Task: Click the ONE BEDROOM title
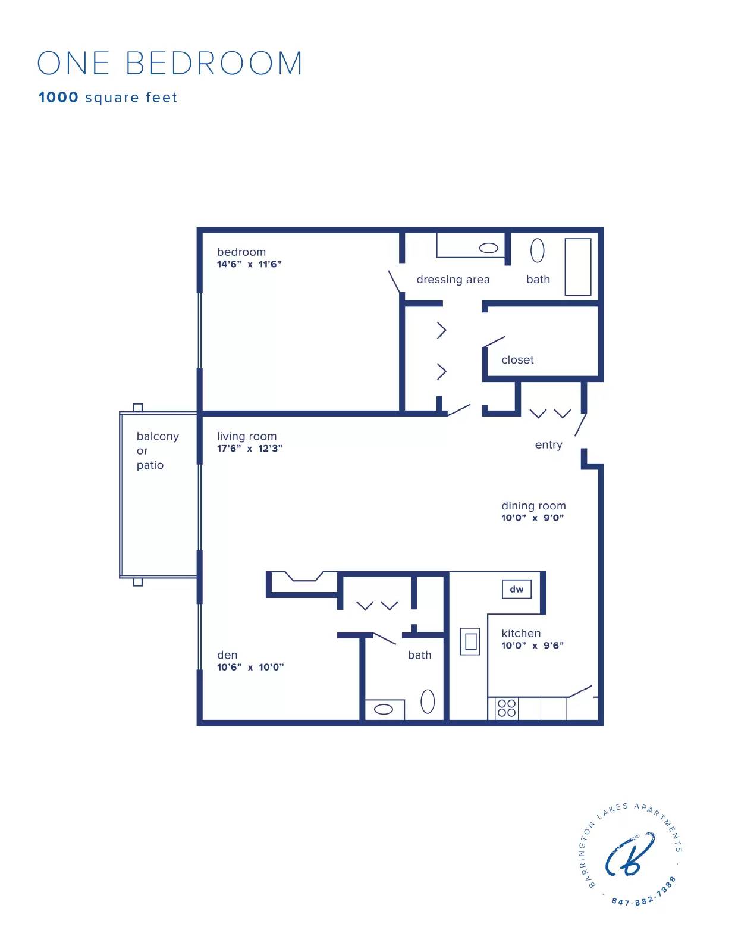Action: click(x=169, y=63)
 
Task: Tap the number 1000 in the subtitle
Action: click(x=58, y=98)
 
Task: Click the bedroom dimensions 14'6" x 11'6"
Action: click(x=249, y=264)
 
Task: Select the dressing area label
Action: click(x=453, y=280)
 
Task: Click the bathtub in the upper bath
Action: click(x=577, y=267)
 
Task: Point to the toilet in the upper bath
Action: click(x=537, y=250)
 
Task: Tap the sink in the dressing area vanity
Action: click(x=488, y=248)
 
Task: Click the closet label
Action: click(x=517, y=360)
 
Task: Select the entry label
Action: click(x=548, y=445)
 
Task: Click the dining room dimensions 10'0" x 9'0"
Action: click(x=532, y=518)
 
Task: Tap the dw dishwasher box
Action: click(x=516, y=589)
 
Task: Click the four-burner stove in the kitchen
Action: click(x=506, y=708)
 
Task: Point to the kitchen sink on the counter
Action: click(x=470, y=641)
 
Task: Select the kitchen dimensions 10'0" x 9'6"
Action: click(x=532, y=646)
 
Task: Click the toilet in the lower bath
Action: click(x=428, y=702)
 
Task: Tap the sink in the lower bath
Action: click(x=384, y=709)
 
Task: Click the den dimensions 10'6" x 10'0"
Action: click(x=250, y=668)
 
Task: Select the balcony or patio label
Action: click(x=157, y=450)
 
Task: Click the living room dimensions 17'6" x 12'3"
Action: click(x=249, y=449)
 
